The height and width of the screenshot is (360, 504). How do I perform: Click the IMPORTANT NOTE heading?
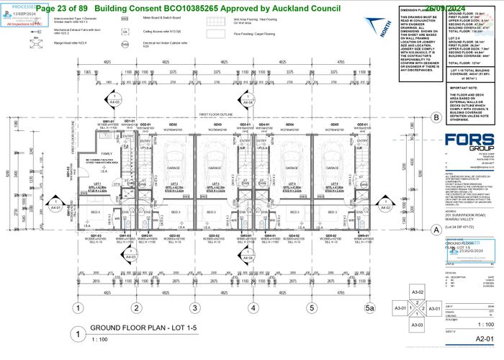point(467,86)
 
